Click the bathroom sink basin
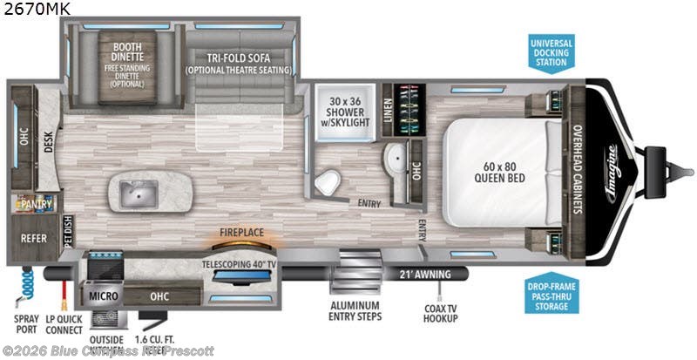coord(394,159)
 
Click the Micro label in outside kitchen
coord(103,296)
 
